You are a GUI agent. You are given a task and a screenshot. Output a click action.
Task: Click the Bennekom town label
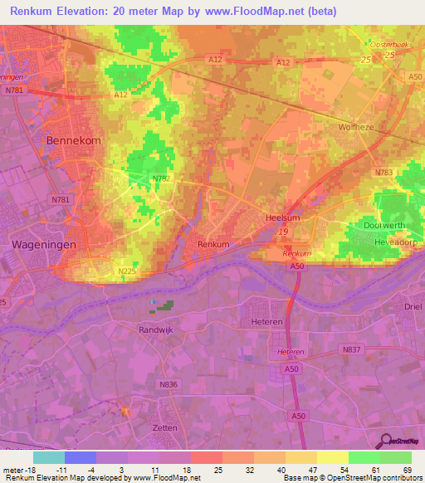click(74, 141)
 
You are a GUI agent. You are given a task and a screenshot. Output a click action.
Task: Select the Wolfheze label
click(358, 128)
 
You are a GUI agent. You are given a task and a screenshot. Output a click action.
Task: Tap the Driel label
click(413, 307)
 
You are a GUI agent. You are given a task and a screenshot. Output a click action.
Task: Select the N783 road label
click(383, 173)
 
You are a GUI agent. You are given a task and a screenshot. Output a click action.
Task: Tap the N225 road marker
click(126, 271)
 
